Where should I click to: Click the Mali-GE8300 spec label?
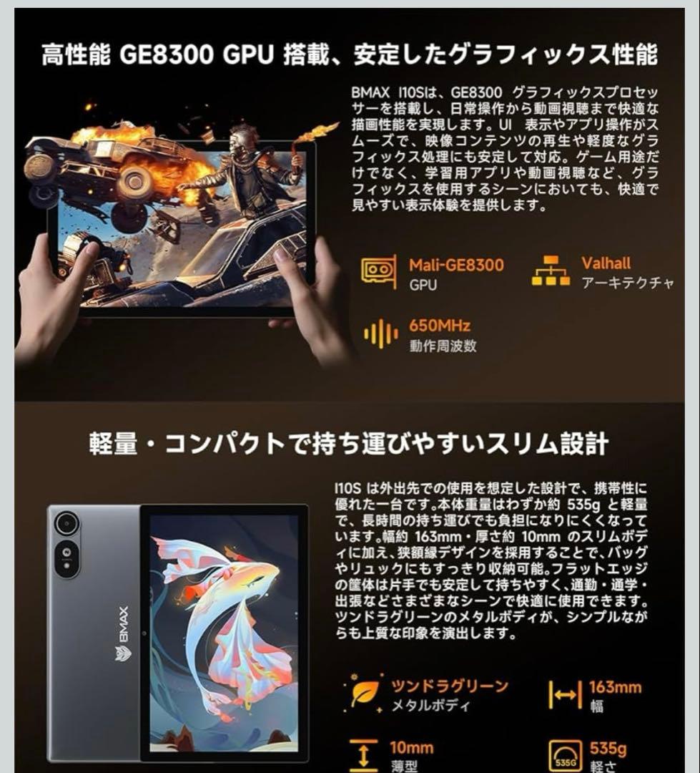point(456,265)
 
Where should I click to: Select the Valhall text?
point(606,263)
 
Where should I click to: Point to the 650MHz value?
point(440,326)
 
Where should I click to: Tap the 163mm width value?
point(615,687)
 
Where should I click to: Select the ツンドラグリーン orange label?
point(449,686)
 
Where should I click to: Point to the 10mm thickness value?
point(411,748)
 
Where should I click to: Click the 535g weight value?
point(608,749)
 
